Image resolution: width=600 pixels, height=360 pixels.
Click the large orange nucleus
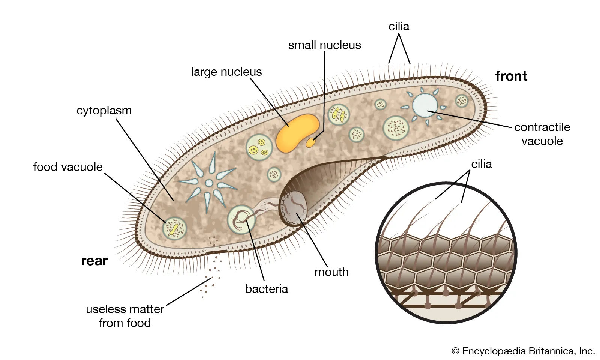tap(296, 133)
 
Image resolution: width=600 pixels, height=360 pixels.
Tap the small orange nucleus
tap(311, 143)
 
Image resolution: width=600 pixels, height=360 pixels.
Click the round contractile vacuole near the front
tap(425, 105)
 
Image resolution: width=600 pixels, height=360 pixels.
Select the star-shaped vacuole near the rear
tap(209, 183)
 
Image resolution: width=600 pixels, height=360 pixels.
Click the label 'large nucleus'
tap(226, 72)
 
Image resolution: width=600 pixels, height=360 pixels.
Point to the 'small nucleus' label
tap(324, 45)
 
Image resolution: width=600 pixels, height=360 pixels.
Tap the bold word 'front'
tap(511, 76)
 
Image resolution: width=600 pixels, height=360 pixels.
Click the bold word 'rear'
tap(94, 261)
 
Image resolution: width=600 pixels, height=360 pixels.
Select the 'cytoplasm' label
tap(104, 111)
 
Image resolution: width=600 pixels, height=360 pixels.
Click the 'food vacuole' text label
tap(67, 167)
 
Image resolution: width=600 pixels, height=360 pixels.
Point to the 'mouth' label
tap(331, 272)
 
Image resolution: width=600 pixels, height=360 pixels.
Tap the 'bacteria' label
tap(266, 289)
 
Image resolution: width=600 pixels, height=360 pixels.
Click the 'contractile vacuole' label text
tap(542, 134)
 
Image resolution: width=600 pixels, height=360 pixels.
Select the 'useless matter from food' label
tap(124, 316)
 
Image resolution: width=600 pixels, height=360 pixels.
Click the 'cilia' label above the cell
tap(399, 27)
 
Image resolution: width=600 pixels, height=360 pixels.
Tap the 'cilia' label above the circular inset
tap(481, 164)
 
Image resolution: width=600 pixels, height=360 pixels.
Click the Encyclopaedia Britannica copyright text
tap(523, 351)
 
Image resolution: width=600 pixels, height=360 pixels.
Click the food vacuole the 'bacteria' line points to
tap(241, 220)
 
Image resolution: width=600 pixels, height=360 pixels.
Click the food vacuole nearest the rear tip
tap(175, 228)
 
